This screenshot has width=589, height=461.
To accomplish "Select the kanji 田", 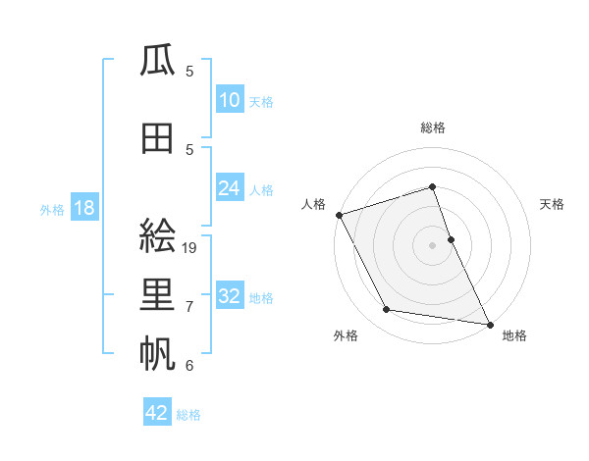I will point(158,138).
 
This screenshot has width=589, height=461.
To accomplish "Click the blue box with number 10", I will point(230,100).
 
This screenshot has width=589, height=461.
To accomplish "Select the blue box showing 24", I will point(230,188).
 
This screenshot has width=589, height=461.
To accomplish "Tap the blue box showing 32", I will point(230,296).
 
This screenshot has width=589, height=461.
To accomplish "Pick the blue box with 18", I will point(83,208).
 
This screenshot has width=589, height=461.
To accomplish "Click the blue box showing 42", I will point(157,413).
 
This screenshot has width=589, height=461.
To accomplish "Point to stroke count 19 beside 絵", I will point(190,248).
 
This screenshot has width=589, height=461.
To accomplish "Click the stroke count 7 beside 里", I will point(189,307).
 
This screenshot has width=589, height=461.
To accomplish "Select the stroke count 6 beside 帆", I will point(189,366).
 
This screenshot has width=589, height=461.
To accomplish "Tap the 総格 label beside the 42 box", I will point(188,415).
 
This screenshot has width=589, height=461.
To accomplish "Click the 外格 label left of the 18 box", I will point(52,209).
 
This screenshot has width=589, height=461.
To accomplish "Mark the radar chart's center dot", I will point(432,244).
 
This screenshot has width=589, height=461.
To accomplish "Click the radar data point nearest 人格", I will point(339,215).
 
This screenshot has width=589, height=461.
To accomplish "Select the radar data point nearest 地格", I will point(489,323).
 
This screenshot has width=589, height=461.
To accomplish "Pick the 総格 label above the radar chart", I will point(432,128).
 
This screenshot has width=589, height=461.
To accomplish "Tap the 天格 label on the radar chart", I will point(552,204).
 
